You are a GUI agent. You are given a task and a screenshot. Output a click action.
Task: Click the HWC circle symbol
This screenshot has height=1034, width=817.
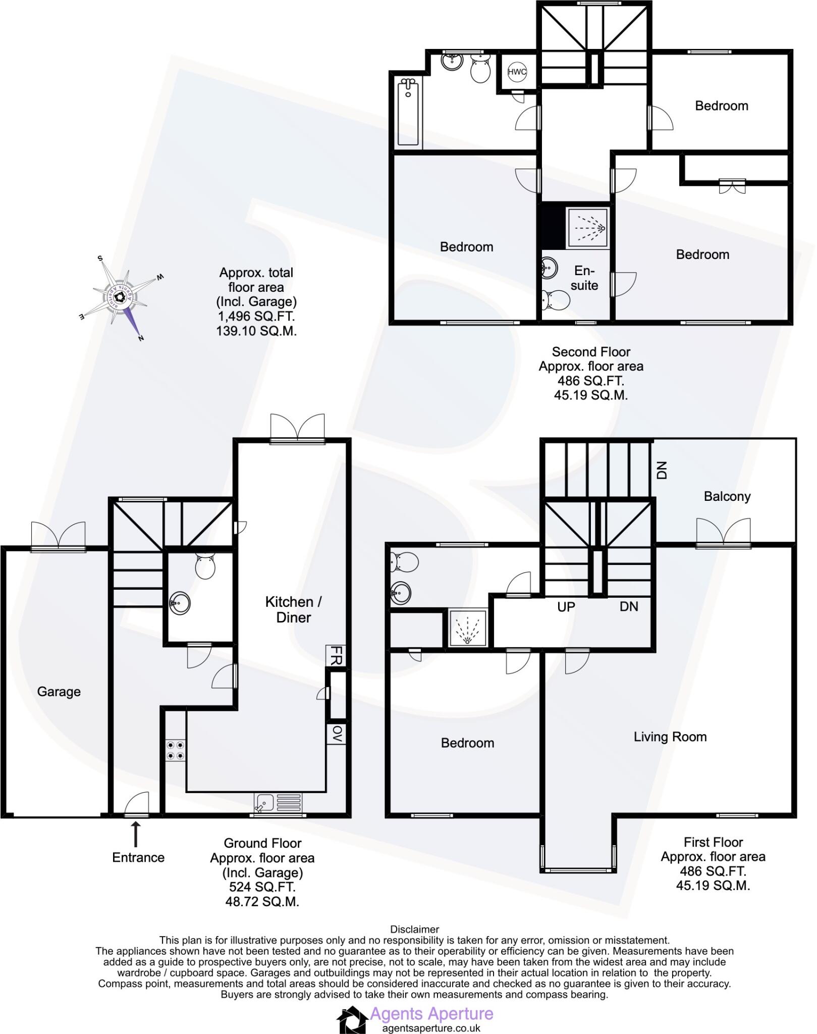(517, 72)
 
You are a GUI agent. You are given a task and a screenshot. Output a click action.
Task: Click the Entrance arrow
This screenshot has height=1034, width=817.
(136, 834)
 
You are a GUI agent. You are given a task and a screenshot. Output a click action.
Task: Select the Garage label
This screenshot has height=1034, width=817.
(59, 692)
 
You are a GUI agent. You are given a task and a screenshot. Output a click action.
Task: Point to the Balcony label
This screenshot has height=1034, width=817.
(727, 496)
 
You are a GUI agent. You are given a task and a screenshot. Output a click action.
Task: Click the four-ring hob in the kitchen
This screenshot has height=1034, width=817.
(175, 750)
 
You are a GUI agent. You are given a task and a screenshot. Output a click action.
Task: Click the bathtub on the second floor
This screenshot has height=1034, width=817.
(408, 112)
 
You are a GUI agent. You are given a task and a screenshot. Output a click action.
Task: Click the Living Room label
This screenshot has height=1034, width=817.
(670, 737)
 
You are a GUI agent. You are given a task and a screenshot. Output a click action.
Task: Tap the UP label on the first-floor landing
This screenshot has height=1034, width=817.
(566, 606)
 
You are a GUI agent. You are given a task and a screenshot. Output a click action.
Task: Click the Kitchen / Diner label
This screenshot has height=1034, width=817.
(293, 609)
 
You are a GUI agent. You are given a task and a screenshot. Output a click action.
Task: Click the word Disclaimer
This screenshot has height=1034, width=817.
(414, 929)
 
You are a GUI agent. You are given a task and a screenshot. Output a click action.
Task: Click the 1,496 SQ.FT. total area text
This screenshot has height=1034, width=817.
(256, 316)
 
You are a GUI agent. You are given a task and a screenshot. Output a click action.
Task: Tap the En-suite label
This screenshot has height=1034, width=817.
(584, 278)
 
